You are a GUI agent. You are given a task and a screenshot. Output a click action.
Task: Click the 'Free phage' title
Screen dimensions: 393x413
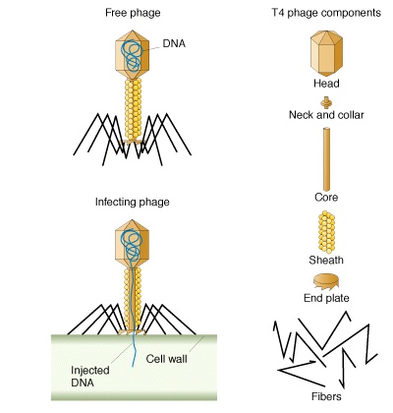pos(133,13)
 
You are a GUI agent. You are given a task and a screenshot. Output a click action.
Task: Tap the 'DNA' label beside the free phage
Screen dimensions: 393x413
pos(174,43)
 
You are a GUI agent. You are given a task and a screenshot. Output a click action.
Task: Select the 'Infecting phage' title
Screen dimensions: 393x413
pos(133,202)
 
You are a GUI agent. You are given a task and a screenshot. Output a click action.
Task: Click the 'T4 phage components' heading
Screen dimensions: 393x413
pos(326,13)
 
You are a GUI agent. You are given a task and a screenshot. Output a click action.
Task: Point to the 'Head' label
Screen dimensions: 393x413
pos(326,84)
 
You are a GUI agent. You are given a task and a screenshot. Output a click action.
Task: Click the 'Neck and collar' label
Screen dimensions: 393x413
pos(326,115)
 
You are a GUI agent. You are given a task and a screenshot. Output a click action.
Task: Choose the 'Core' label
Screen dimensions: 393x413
pos(326,198)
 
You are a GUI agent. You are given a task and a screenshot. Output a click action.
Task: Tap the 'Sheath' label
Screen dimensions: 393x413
pos(326,260)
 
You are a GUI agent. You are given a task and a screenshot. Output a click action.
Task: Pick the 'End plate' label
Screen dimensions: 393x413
pos(326,298)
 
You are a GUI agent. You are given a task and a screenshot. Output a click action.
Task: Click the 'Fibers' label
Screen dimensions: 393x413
pos(326,396)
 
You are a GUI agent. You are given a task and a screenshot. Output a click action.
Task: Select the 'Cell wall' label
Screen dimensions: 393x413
pos(167,359)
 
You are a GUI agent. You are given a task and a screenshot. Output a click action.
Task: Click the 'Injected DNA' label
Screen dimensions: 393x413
pos(90,377)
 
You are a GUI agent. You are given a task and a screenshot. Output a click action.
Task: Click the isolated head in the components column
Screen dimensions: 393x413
pos(326,53)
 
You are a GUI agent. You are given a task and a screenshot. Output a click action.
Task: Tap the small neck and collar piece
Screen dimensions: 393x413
pos(326,102)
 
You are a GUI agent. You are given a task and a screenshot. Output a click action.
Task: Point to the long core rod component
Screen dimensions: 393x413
pos(326,159)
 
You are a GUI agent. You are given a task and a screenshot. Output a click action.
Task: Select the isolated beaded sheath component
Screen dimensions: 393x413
pos(326,232)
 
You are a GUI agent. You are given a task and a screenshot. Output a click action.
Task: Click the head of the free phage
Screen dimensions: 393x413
pos(133,55)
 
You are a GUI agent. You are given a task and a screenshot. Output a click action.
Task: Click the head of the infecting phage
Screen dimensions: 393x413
pos(132,244)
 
